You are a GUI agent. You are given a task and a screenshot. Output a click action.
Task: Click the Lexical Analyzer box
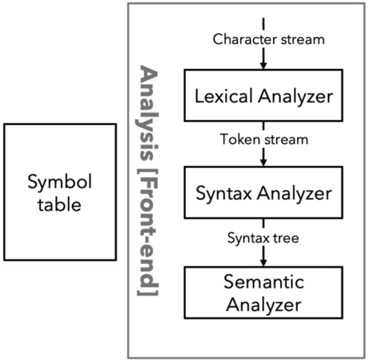tap(263, 95)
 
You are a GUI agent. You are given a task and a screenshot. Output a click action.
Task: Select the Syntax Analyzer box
tap(263, 193)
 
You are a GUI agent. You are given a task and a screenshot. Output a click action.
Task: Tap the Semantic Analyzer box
tap(263, 293)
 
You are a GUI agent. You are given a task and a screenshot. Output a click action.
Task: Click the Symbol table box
tap(60, 192)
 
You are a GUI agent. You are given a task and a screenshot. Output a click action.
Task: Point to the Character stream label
tap(269, 39)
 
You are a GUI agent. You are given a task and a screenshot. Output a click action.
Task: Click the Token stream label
tap(264, 140)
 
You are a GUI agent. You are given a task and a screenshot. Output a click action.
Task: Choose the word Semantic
tap(264, 282)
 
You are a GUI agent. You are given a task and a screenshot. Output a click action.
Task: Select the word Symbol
tap(60, 183)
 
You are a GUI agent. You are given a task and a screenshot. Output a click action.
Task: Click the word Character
tap(240, 39)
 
